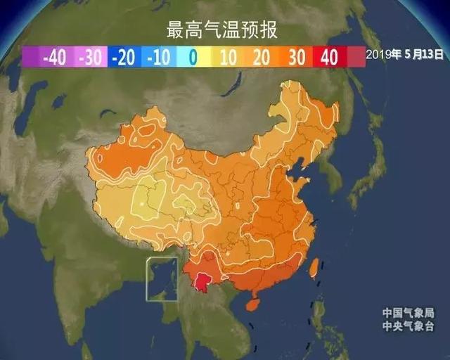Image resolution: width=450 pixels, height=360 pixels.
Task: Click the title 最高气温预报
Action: pos(221,30)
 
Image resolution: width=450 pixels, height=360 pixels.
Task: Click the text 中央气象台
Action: pos(409,327)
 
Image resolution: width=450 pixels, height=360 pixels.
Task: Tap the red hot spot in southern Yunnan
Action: pos(204,282)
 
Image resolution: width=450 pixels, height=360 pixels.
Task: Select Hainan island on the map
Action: pos(253,304)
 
